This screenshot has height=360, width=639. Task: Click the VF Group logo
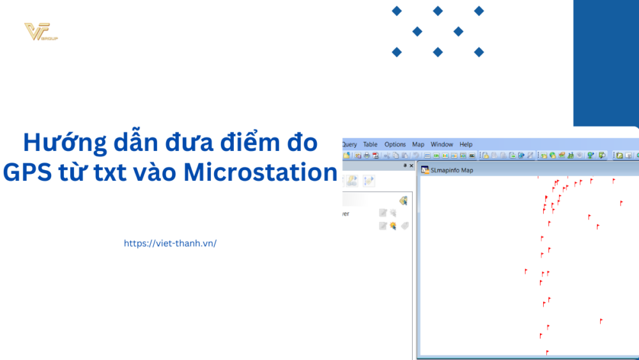click(x=40, y=32)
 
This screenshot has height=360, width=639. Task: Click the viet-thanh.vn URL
click(x=170, y=243)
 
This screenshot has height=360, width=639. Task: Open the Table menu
click(x=371, y=145)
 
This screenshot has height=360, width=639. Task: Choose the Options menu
click(x=395, y=145)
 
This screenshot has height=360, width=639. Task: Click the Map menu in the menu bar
click(x=418, y=145)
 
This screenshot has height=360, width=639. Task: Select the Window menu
click(x=442, y=145)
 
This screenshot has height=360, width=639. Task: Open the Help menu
click(x=466, y=145)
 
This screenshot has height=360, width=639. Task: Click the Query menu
click(x=350, y=145)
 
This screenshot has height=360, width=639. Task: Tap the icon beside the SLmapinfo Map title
click(x=424, y=170)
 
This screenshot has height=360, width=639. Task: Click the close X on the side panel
click(x=412, y=166)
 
